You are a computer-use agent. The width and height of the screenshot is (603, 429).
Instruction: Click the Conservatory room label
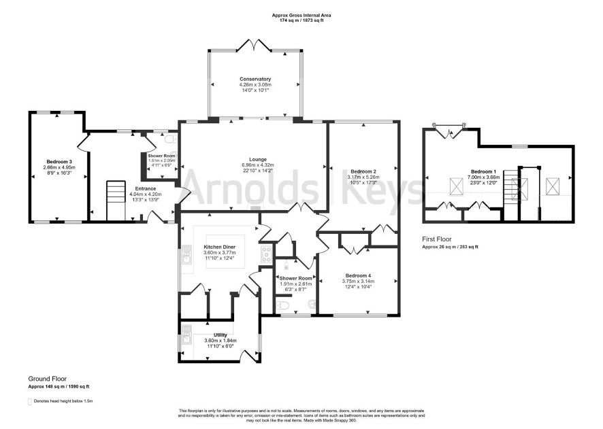point(255,79)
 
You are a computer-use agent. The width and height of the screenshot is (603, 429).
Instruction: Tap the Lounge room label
point(258,159)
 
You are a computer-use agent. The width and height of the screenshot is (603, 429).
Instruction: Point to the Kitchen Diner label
point(219,247)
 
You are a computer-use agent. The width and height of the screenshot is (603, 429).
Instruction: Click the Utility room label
point(221,335)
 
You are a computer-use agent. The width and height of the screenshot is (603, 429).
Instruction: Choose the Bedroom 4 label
point(358,275)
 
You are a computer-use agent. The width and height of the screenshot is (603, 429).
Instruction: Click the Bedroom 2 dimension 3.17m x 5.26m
point(363,177)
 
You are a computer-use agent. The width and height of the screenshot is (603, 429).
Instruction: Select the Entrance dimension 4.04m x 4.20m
point(146,194)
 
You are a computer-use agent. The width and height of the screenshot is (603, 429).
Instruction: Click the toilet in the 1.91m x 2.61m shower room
point(282,306)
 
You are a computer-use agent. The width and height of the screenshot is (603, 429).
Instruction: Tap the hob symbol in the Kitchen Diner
point(266,254)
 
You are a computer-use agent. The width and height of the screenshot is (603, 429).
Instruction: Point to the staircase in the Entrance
point(116,201)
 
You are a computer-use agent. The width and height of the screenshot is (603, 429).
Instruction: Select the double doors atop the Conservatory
point(255,45)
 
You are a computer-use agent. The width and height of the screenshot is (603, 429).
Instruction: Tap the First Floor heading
point(437,239)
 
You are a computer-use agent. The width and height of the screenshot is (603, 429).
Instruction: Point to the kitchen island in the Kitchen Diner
point(225,251)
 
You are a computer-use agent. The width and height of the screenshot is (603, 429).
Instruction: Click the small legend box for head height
point(30,402)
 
